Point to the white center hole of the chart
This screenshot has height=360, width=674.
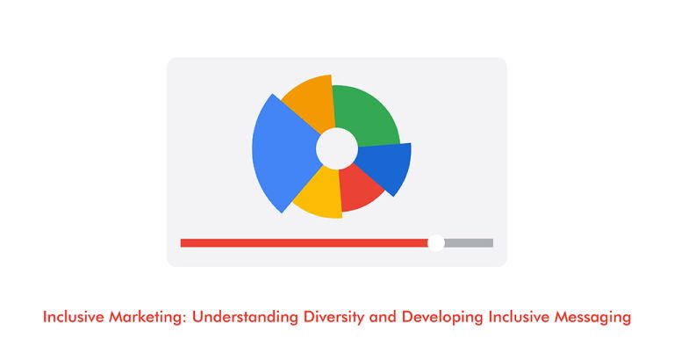336,148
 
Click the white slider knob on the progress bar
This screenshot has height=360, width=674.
436,242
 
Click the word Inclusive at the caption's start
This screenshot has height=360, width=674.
69,317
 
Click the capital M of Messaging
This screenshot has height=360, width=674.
561,317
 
